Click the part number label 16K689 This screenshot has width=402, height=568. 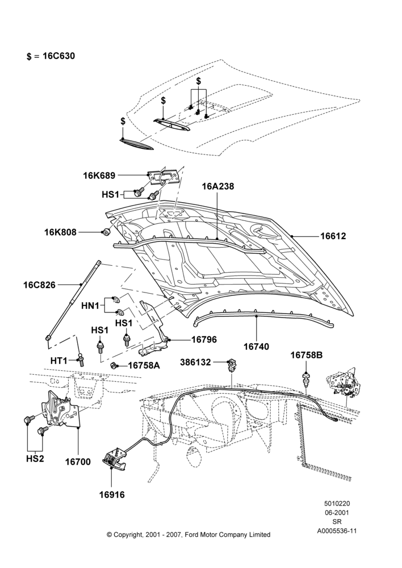[99, 176]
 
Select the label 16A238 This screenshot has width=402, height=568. [218, 186]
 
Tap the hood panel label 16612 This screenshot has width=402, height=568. [333, 236]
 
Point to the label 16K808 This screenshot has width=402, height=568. [61, 232]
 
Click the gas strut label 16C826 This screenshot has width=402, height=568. [40, 285]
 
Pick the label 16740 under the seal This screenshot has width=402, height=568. [257, 346]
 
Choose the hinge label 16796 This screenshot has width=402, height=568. [204, 340]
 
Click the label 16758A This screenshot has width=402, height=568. [144, 365]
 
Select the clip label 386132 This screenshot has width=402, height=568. [195, 362]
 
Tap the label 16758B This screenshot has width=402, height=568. [307, 356]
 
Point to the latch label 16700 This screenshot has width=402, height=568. [78, 462]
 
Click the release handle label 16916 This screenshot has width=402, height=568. [112, 495]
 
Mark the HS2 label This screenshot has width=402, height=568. [35, 458]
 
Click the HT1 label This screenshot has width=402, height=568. [59, 361]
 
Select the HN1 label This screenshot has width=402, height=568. [90, 306]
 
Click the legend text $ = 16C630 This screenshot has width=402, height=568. [51, 56]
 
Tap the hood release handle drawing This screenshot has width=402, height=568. [114, 458]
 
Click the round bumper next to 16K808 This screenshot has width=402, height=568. [106, 232]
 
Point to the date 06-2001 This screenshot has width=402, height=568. [337, 512]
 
